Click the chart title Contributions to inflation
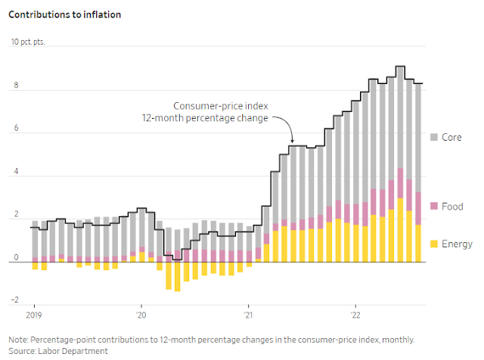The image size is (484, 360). (x=65, y=14)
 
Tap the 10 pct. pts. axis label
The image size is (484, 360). (x=28, y=42)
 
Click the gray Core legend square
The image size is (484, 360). (x=434, y=138)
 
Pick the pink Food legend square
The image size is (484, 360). (x=434, y=206)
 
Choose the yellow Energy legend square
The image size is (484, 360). (x=434, y=244)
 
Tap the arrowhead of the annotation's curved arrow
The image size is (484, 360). (x=291, y=141)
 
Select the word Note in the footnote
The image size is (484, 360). (x=19, y=340)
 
